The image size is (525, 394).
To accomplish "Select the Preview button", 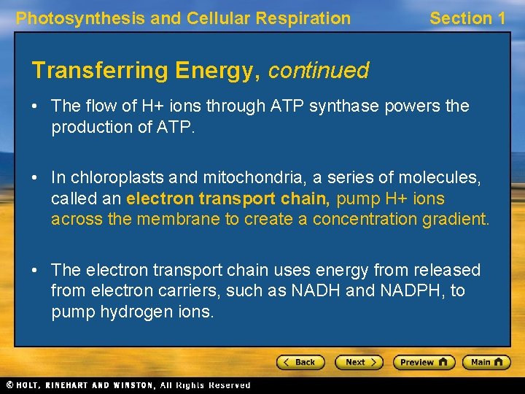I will tap(424, 362).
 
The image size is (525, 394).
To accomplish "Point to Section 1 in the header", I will tap(467, 18).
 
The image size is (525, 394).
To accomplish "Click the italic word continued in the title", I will tap(319, 71).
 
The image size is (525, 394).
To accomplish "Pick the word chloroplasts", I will tap(109, 178).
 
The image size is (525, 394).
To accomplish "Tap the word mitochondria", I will tap(223, 178).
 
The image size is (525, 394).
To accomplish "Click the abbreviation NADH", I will tap(315, 291).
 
